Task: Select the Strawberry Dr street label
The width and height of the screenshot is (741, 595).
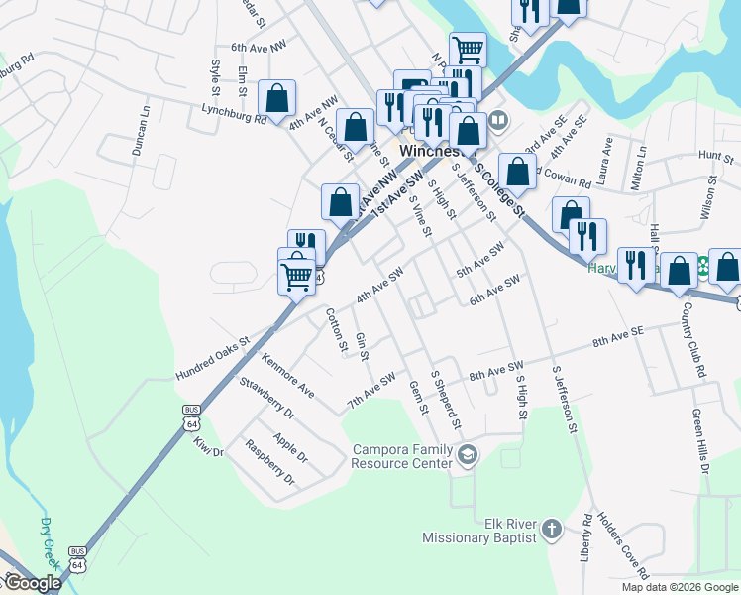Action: [266, 395]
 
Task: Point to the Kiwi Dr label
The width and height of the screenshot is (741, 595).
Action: [210, 446]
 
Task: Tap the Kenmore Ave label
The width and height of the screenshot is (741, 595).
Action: [288, 374]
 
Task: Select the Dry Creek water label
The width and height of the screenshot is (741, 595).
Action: [49, 543]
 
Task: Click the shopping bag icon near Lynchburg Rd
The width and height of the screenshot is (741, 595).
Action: [276, 98]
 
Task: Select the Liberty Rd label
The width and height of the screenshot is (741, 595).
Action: [586, 537]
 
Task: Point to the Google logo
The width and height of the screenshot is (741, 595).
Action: [32, 583]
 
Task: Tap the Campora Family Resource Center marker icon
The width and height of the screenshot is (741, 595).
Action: [468, 455]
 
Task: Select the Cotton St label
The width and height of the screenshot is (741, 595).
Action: [337, 330]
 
